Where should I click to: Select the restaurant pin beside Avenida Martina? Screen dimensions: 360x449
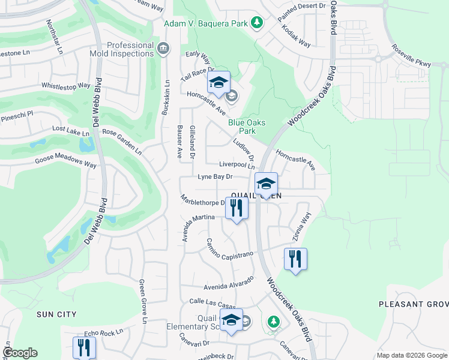(237, 208)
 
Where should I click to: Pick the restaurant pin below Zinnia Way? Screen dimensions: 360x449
(295, 259)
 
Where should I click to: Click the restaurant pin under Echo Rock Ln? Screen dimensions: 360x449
(83, 347)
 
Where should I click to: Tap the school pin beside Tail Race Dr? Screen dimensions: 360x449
(218, 82)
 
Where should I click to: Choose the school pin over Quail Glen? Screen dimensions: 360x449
(265, 184)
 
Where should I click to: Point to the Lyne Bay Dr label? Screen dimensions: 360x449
(215, 177)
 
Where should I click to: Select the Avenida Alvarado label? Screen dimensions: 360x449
(229, 283)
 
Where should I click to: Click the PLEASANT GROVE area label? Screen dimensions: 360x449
(413, 304)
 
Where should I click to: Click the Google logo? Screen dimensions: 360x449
(20, 353)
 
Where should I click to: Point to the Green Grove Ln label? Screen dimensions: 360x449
(143, 301)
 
